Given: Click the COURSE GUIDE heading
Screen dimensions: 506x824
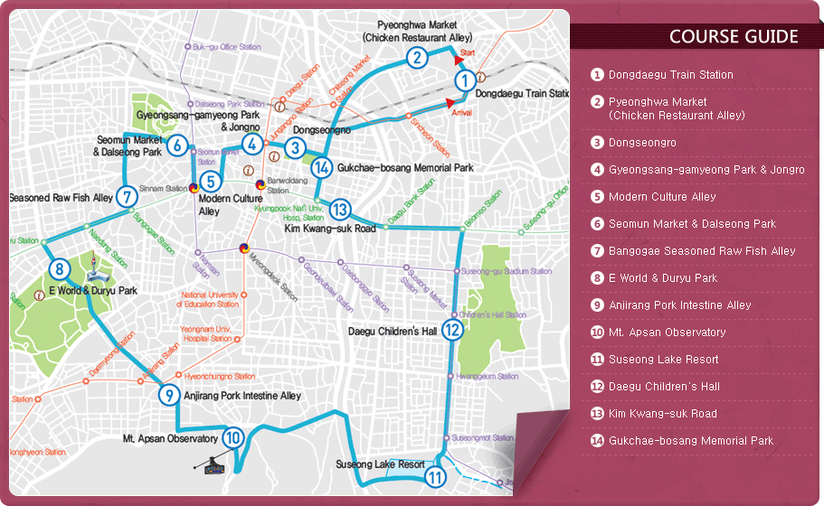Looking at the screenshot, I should point(734,37).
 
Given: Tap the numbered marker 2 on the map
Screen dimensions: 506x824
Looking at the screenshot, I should point(416,59).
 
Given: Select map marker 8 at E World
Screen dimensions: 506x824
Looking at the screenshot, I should point(59,269).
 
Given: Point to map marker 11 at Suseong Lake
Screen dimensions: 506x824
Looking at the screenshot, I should point(436,478).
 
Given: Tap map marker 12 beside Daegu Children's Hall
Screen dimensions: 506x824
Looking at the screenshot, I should point(452,331).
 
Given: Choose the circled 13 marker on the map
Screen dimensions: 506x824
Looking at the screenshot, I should point(339,210).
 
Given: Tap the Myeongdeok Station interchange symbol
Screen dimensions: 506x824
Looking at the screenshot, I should point(244,248).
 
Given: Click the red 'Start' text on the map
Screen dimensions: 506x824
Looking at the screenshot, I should point(468,54).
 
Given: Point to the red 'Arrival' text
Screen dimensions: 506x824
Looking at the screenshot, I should point(461,113).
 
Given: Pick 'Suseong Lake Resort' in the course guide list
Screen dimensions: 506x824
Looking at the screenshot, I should point(663,360).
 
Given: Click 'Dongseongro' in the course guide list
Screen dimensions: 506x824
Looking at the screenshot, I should point(642,143).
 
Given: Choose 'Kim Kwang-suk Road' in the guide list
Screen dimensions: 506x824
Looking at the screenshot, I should point(662,414).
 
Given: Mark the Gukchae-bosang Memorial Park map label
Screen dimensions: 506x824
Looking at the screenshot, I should point(404,168).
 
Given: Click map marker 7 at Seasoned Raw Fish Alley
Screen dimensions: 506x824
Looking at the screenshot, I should point(127,196).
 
